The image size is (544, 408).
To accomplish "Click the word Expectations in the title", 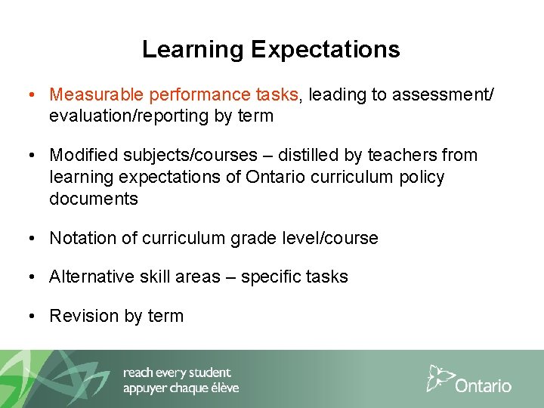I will click(326, 50).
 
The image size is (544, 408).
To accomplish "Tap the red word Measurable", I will click(97, 94).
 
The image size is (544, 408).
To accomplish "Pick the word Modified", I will click(80, 156).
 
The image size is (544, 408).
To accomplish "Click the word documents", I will click(94, 199).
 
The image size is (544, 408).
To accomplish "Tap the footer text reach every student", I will click(177, 372).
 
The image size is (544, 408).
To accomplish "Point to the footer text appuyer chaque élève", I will click(181, 388).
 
